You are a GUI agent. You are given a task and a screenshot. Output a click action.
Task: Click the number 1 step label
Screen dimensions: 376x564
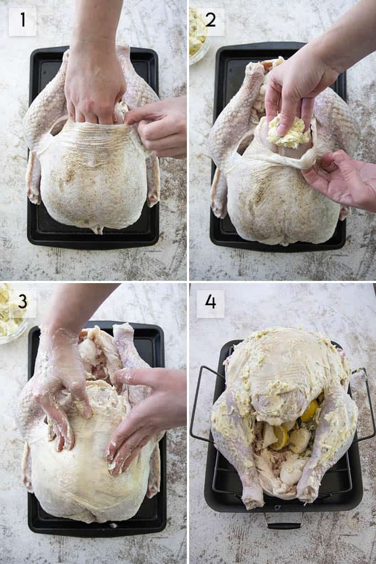23,19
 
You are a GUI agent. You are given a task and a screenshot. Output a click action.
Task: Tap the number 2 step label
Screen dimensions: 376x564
210,19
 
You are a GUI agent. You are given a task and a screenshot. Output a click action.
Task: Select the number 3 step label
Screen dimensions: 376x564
22,301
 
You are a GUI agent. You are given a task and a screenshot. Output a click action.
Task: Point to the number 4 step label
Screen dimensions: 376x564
211,301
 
